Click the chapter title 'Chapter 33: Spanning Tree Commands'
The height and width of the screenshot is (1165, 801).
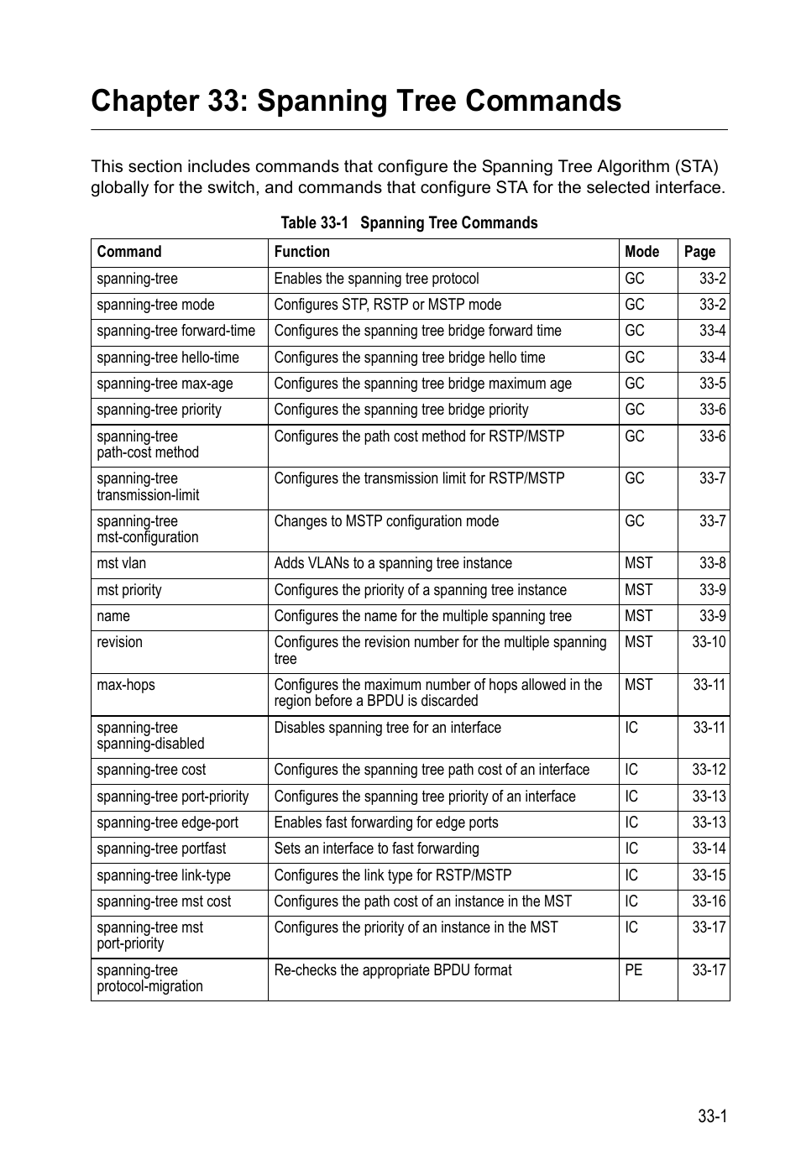click(356, 101)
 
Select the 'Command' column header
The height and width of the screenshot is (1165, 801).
click(129, 252)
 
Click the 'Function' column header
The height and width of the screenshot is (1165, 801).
click(301, 252)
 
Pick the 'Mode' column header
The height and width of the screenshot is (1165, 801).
click(641, 252)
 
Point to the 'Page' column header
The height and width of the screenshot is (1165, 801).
click(699, 252)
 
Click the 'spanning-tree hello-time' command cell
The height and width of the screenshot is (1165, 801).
click(168, 358)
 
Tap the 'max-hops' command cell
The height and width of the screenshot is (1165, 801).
click(126, 685)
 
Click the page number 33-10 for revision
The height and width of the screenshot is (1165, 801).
click(709, 642)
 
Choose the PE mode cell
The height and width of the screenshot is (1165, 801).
click(633, 970)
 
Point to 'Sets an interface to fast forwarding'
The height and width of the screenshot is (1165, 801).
click(376, 849)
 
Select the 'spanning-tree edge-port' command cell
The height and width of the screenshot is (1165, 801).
click(167, 823)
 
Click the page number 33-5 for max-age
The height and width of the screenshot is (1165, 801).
click(712, 384)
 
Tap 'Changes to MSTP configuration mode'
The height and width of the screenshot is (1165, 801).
click(386, 521)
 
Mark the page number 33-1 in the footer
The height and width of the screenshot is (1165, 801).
click(711, 1116)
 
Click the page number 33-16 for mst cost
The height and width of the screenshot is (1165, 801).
click(709, 901)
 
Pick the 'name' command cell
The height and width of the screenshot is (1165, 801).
click(113, 616)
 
